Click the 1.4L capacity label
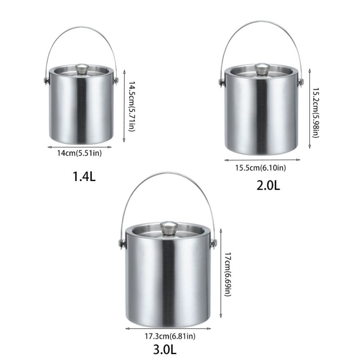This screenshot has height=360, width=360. pyautogui.click(x=84, y=176)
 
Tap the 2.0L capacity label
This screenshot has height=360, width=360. pyautogui.click(x=268, y=185)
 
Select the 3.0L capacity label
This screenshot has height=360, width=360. pyautogui.click(x=165, y=350)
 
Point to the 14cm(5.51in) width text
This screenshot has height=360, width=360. pyautogui.click(x=80, y=153)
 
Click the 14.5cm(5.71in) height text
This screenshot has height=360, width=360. pyautogui.click(x=131, y=106)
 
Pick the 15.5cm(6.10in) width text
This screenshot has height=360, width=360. pyautogui.click(x=261, y=168)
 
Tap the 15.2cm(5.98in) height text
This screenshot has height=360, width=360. pyautogui.click(x=316, y=112)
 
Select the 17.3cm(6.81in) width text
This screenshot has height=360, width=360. pyautogui.click(x=170, y=336)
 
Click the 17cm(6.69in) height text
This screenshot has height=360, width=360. pyautogui.click(x=228, y=274)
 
